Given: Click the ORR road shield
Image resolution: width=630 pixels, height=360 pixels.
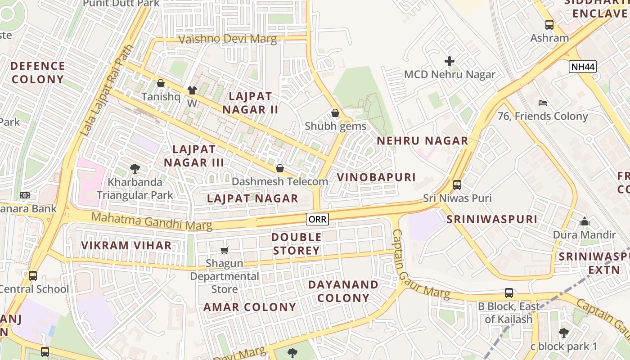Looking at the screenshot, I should (317, 219).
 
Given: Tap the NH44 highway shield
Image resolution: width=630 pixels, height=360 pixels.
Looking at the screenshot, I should (582, 67).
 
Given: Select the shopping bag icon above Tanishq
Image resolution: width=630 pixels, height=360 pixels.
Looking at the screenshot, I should (161, 83).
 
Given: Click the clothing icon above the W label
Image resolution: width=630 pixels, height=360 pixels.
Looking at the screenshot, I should (192, 90).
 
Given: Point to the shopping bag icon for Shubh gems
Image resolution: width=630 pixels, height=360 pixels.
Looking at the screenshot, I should (335, 112).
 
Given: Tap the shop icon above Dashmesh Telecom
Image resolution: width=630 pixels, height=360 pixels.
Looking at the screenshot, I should (280, 168).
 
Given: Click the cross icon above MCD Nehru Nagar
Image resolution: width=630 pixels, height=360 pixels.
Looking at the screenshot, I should (450, 61).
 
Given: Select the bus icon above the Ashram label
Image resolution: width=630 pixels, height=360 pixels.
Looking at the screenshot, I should (549, 24).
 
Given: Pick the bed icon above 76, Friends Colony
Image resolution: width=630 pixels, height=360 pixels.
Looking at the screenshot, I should (543, 103).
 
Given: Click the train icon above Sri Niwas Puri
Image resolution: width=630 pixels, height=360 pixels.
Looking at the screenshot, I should (457, 184).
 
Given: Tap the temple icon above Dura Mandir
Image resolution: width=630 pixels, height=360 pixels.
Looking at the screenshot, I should (585, 221).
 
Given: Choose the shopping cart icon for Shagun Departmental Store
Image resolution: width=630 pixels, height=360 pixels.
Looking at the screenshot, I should (224, 250).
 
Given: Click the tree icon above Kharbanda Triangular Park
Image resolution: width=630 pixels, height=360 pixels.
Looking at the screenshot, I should (135, 169).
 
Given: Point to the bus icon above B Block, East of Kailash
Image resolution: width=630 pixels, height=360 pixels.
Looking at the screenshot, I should (509, 292).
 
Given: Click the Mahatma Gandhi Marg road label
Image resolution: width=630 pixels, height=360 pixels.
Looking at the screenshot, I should (152, 221).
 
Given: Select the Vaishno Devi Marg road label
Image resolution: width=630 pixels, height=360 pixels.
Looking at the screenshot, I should (228, 39).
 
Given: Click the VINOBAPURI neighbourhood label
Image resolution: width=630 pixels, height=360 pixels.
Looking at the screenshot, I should (376, 177).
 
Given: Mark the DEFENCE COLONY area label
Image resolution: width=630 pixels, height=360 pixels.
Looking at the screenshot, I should (38, 72).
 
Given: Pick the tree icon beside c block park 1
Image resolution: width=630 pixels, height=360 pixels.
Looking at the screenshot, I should (563, 333).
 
